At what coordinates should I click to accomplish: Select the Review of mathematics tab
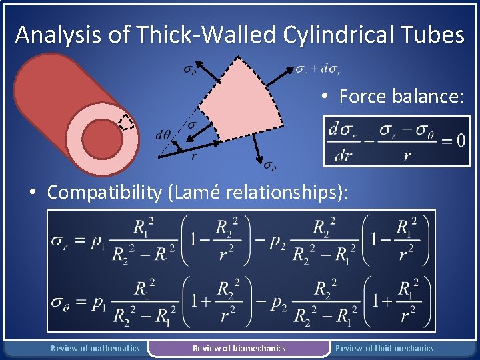[x=95, y=348]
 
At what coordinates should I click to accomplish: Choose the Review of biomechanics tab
[x=239, y=348]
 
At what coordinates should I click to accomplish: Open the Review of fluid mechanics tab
[x=384, y=348]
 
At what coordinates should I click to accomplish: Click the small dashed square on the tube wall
[x=125, y=123]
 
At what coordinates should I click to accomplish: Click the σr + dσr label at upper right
[x=319, y=69]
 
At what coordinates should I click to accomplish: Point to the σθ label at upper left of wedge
[x=189, y=69]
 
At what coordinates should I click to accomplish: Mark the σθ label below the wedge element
[x=270, y=165]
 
